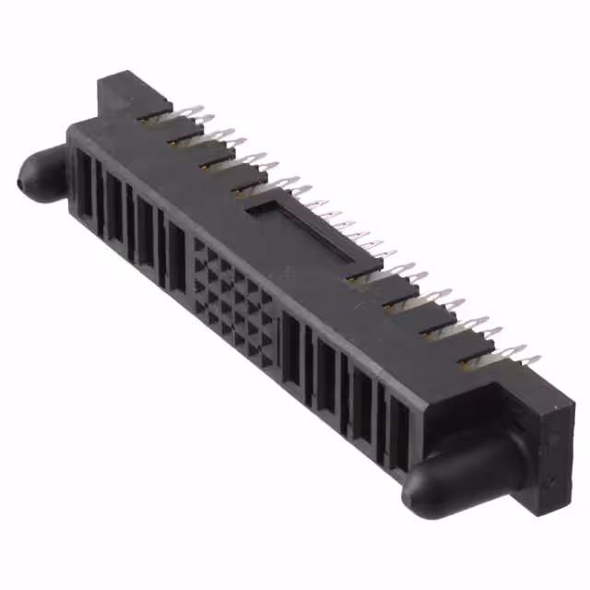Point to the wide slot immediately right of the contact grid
point(293,350)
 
